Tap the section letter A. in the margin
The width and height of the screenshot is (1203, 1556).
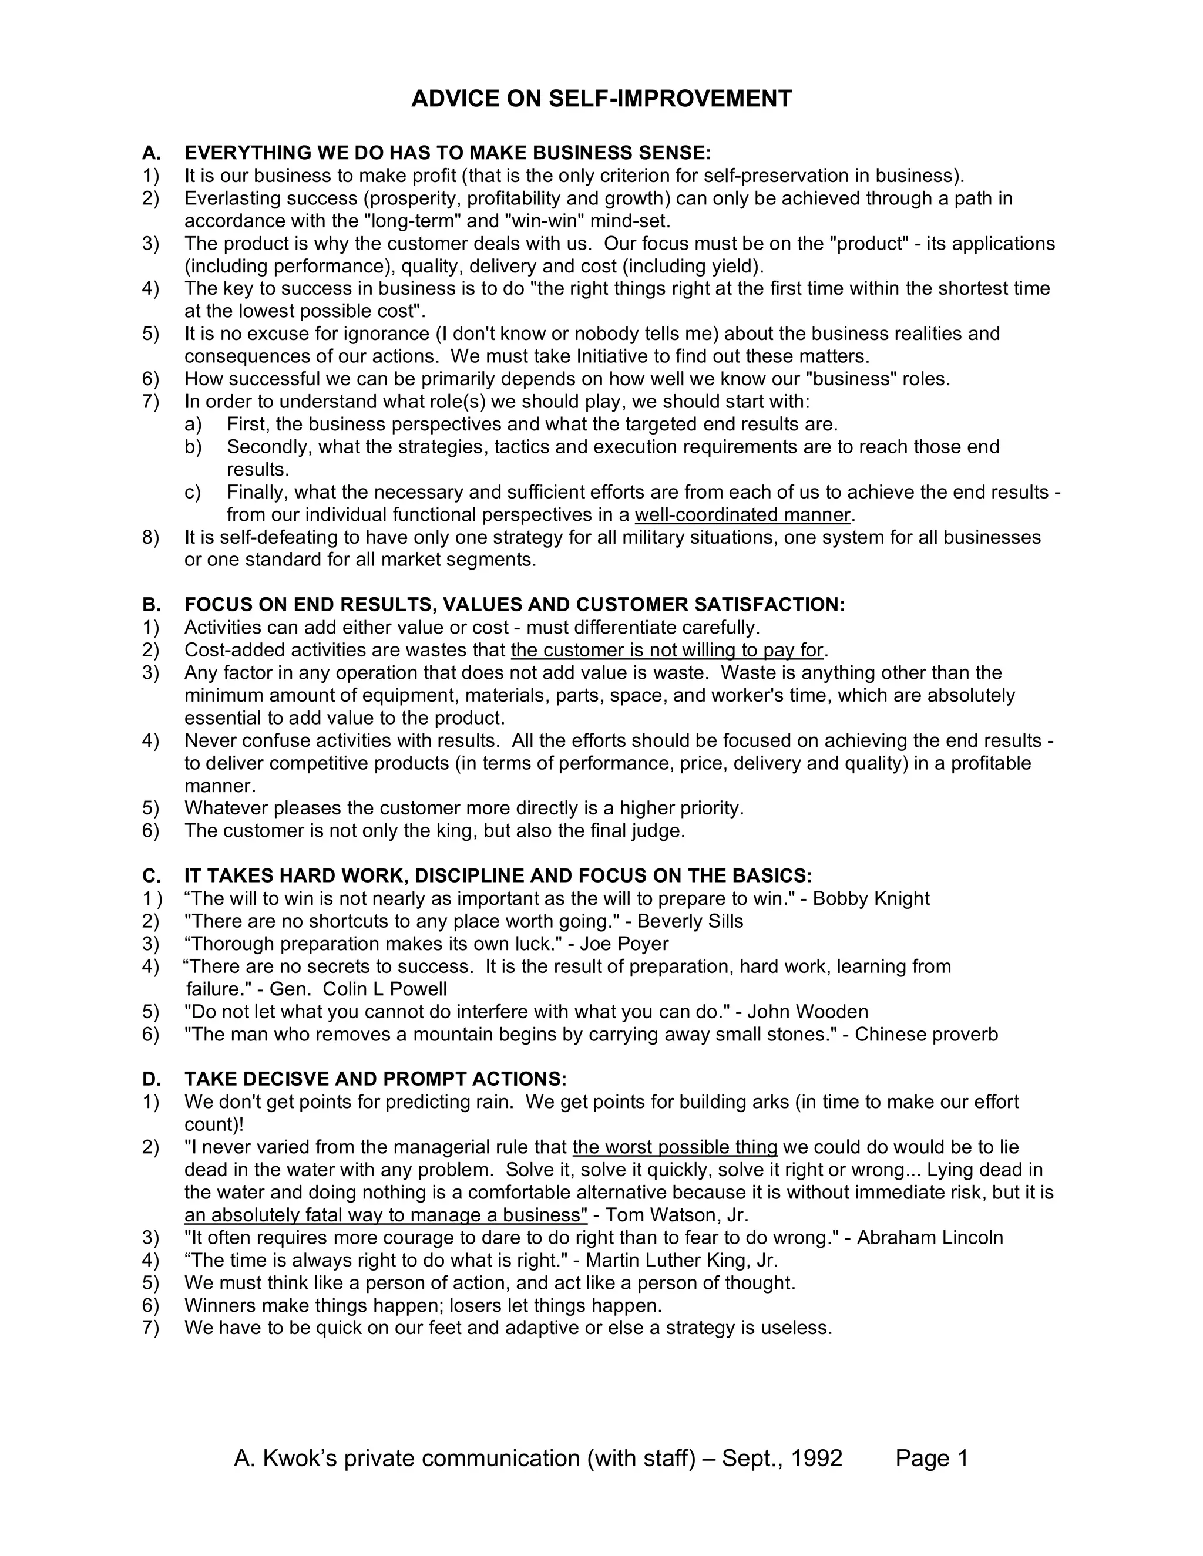click(151, 153)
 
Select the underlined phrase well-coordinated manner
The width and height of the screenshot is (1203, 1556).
click(742, 515)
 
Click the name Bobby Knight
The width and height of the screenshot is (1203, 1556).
click(871, 898)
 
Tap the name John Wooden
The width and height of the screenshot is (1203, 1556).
click(808, 1012)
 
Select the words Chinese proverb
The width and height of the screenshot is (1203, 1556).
click(926, 1035)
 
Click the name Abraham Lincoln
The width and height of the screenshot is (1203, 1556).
click(929, 1238)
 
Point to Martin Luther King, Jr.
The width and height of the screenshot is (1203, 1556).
click(681, 1260)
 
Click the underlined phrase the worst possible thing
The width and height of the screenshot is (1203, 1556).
click(674, 1147)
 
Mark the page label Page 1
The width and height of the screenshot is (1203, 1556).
click(932, 1459)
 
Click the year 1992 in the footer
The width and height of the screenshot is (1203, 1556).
click(816, 1459)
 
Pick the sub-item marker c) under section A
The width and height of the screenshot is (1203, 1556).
click(193, 492)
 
